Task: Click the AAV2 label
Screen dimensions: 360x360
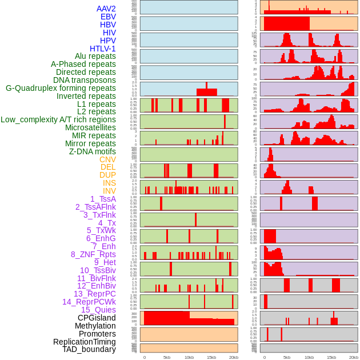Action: [106, 9]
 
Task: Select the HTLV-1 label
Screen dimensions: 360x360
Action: [103, 49]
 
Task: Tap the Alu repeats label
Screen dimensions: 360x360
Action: [95, 56]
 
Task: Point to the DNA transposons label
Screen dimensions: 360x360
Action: [85, 80]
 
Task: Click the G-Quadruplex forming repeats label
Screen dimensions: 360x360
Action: [61, 88]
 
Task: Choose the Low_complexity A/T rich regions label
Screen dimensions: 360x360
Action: [58, 119]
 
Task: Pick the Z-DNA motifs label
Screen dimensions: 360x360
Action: [93, 151]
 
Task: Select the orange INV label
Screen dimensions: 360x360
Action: [109, 191]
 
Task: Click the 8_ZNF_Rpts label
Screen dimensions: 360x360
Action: [93, 254]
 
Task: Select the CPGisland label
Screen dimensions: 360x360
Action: [97, 318]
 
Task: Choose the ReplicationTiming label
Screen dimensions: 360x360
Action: [85, 342]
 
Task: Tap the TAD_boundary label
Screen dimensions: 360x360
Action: [89, 349]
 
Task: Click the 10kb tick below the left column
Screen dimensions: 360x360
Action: [189, 357]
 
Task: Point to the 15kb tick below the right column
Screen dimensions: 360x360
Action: [331, 357]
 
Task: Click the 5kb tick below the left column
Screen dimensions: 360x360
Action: [167, 357]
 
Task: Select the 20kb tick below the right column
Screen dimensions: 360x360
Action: [354, 357]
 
